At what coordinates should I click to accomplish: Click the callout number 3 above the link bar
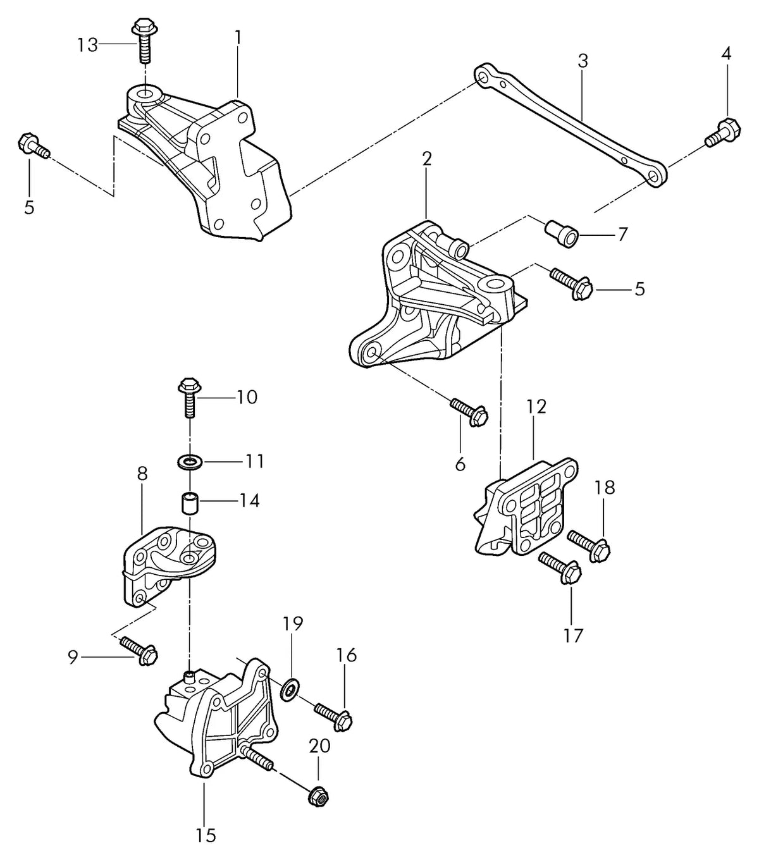[x=583, y=61]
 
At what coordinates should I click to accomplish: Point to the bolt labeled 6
[x=469, y=412]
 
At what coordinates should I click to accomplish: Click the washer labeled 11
[x=190, y=462]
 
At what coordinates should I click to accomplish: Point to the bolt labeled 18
[x=589, y=546]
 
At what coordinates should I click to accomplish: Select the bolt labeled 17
[x=560, y=567]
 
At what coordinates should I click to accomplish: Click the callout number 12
[x=536, y=407]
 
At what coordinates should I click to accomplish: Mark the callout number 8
[x=142, y=473]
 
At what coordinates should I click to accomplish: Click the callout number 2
[x=426, y=159]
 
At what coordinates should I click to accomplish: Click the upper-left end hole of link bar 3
[x=483, y=78]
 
